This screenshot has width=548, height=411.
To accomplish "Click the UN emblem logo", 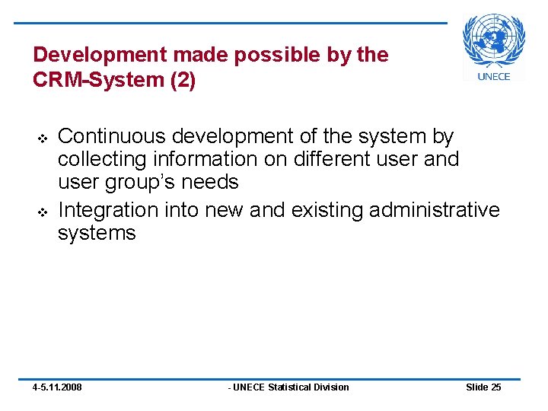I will click(494, 41).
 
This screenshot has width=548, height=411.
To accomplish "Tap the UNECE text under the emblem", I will click(494, 75).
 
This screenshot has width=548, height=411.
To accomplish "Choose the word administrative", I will click(435, 209).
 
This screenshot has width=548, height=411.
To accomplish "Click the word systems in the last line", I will click(97, 232).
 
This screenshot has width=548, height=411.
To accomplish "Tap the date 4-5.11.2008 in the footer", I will click(57, 387).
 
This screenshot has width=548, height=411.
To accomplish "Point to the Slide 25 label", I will click(483, 387).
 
